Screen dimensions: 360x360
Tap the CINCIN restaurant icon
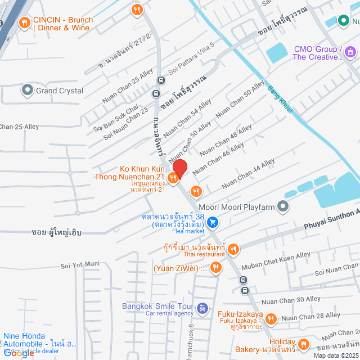[24, 23]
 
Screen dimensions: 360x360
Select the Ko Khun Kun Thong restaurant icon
[173, 178]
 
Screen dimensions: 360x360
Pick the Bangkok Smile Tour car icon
[202, 309]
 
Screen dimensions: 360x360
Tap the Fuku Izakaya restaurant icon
[271, 319]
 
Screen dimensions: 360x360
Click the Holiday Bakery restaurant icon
[304, 344]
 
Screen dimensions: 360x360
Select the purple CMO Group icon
[351, 52]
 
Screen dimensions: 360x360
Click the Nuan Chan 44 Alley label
[248, 173]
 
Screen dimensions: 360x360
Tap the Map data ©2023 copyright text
[335, 355]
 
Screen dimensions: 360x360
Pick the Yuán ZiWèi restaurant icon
[215, 268]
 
